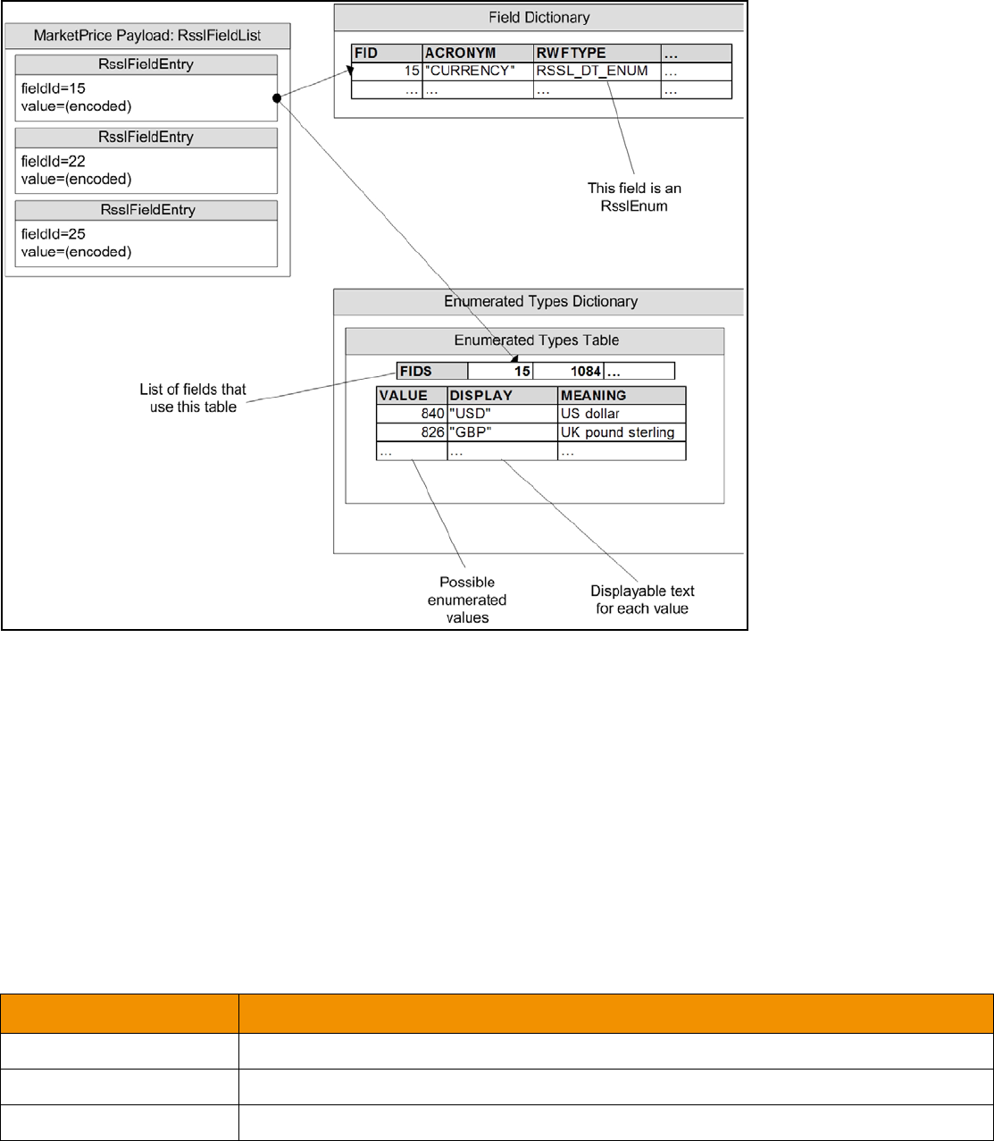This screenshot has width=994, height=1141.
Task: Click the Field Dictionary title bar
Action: [539, 17]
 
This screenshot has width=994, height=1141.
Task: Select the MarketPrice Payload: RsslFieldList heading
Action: [147, 37]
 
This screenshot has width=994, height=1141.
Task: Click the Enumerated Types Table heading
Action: [535, 340]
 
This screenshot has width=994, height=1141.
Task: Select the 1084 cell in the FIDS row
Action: [568, 371]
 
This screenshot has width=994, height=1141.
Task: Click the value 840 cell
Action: [412, 414]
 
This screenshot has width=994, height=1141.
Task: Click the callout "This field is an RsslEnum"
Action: [634, 197]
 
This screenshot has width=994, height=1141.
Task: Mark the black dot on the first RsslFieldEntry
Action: [279, 96]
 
